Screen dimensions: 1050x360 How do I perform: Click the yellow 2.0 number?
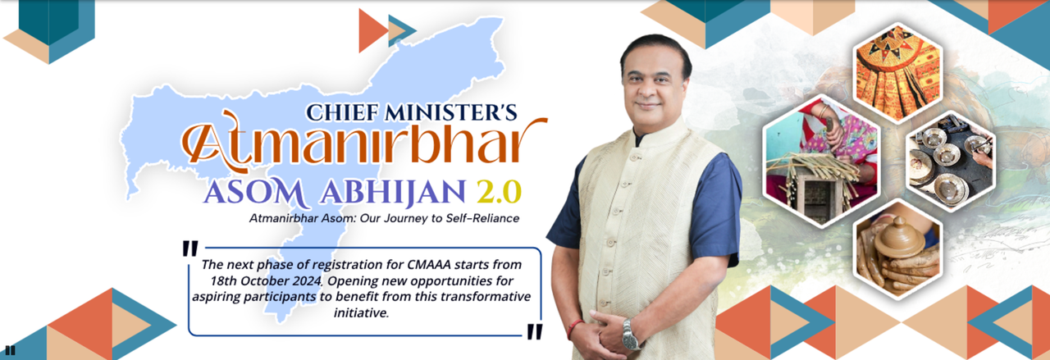[x=498, y=192]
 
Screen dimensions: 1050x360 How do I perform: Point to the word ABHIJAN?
[x=393, y=193]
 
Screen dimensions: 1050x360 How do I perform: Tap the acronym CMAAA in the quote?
[x=429, y=265]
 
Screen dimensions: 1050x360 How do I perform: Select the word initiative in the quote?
[x=361, y=312]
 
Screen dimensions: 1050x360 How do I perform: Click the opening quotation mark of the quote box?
[x=189, y=249]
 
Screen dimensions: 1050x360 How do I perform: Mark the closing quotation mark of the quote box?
[x=534, y=331]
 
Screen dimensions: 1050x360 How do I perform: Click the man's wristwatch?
[x=629, y=335]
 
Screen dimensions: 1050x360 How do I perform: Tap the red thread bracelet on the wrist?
[x=573, y=329]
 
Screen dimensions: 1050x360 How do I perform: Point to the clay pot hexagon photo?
[x=897, y=249]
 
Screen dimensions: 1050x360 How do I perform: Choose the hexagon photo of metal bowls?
[x=951, y=162]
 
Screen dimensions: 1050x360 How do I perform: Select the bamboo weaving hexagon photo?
[x=821, y=162]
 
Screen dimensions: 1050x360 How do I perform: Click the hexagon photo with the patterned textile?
[x=897, y=73]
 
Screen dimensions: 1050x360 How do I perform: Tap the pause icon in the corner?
[x=10, y=350]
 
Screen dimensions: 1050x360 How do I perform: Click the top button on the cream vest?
[x=633, y=157]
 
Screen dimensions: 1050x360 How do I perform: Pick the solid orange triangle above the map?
[x=373, y=30]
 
